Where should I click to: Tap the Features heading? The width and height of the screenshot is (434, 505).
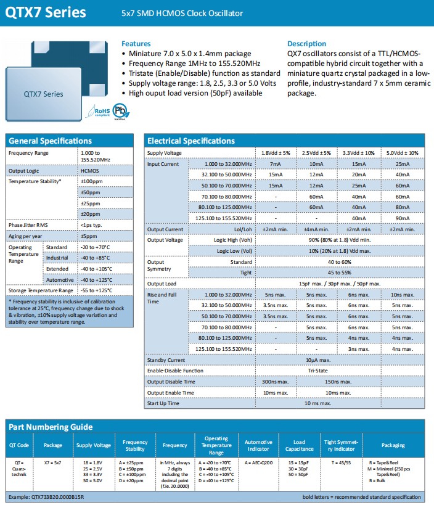click(x=136, y=44)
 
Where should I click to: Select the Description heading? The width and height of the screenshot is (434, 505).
click(x=307, y=44)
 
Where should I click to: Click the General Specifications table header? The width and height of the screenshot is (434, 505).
click(x=51, y=141)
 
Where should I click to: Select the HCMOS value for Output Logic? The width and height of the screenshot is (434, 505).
click(x=90, y=171)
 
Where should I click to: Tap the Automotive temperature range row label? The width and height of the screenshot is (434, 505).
click(x=60, y=280)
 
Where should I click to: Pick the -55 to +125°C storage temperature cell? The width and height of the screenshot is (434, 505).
click(x=96, y=290)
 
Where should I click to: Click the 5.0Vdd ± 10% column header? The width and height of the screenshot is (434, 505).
click(x=403, y=153)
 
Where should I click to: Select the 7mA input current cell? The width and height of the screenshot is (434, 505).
click(x=275, y=164)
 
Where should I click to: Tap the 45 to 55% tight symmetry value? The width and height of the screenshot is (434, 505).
click(x=339, y=273)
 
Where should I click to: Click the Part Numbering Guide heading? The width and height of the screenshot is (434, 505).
click(x=51, y=427)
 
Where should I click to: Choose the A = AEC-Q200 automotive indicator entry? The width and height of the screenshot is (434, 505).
click(x=258, y=462)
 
